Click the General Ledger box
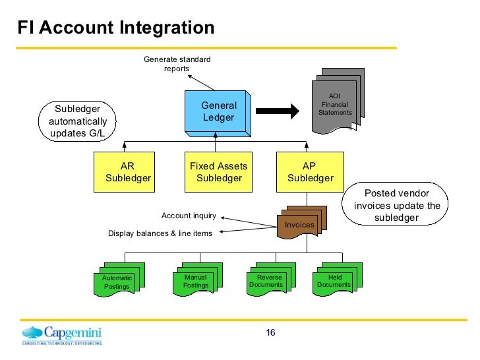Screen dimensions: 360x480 click(218, 111)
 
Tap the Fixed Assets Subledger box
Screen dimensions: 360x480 click(219, 172)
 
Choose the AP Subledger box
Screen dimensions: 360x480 click(310, 172)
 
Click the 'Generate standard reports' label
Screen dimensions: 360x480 click(177, 64)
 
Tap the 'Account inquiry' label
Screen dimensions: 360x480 click(189, 216)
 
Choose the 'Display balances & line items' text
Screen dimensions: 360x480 click(160, 233)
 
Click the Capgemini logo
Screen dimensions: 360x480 click(63, 335)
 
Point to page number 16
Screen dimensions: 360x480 click(270, 332)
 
